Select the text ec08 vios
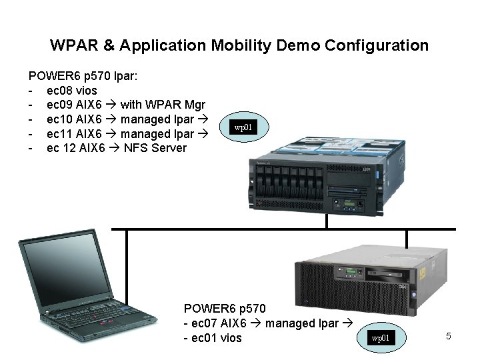(71, 91)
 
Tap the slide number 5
(449, 336)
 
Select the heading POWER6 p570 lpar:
(83, 76)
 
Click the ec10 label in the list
(58, 119)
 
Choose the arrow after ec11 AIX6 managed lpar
(204, 134)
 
